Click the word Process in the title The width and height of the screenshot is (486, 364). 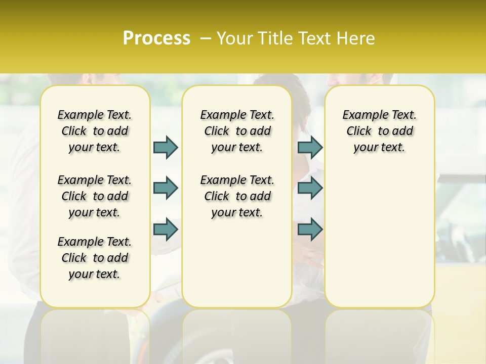tap(156, 38)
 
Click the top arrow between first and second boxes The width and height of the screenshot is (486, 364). tap(166, 147)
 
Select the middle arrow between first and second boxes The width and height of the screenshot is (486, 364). tap(166, 188)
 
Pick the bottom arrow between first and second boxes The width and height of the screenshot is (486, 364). tap(166, 230)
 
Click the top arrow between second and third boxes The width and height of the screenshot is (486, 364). tap(310, 147)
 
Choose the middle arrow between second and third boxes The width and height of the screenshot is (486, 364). tap(310, 188)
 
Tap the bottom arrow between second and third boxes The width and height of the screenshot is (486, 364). tap(310, 230)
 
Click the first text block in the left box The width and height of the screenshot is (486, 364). tap(95, 131)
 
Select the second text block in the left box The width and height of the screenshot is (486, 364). tap(95, 196)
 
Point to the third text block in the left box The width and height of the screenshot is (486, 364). tap(95, 258)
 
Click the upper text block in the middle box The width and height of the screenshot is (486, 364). tap(237, 131)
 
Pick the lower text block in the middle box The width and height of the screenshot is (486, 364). tap(237, 196)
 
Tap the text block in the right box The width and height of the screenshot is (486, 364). tap(379, 131)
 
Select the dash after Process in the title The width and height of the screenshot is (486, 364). tap(205, 38)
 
